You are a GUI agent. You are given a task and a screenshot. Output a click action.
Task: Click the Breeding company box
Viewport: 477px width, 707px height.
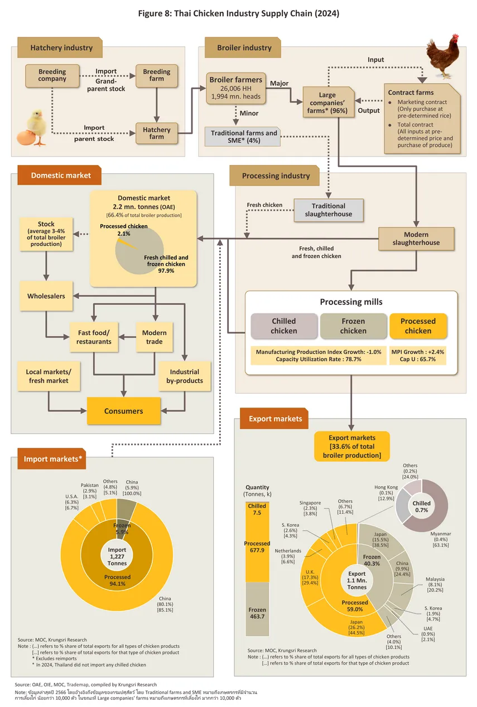[52, 75]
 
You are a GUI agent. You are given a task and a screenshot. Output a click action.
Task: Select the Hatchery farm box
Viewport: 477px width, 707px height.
[157, 133]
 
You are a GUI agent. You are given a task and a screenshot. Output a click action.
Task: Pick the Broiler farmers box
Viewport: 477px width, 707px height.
[235, 88]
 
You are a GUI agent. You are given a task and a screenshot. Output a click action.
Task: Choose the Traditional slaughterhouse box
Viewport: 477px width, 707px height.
[329, 210]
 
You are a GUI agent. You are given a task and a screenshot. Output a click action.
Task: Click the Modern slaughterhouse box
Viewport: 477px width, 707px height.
[416, 239]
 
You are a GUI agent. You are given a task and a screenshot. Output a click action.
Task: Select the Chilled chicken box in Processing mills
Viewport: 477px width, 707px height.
[284, 326]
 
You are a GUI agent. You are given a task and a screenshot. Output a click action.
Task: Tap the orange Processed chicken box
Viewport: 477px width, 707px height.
[418, 326]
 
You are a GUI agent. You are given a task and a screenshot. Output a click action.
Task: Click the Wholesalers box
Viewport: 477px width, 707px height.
[46, 296]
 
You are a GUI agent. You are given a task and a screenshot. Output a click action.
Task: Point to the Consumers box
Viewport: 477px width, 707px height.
[123, 411]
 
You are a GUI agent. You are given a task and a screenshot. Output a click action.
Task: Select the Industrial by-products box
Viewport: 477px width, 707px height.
[185, 376]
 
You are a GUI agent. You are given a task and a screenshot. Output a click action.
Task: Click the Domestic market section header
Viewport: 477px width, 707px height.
[60, 175]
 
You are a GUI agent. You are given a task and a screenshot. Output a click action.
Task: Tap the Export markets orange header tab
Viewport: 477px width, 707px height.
[275, 419]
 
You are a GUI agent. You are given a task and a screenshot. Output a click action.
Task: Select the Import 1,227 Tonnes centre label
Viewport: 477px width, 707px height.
[117, 556]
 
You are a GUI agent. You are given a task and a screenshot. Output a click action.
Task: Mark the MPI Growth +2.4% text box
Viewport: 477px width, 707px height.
[418, 356]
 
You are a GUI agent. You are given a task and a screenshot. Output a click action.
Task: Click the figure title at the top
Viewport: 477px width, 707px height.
[238, 13]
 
